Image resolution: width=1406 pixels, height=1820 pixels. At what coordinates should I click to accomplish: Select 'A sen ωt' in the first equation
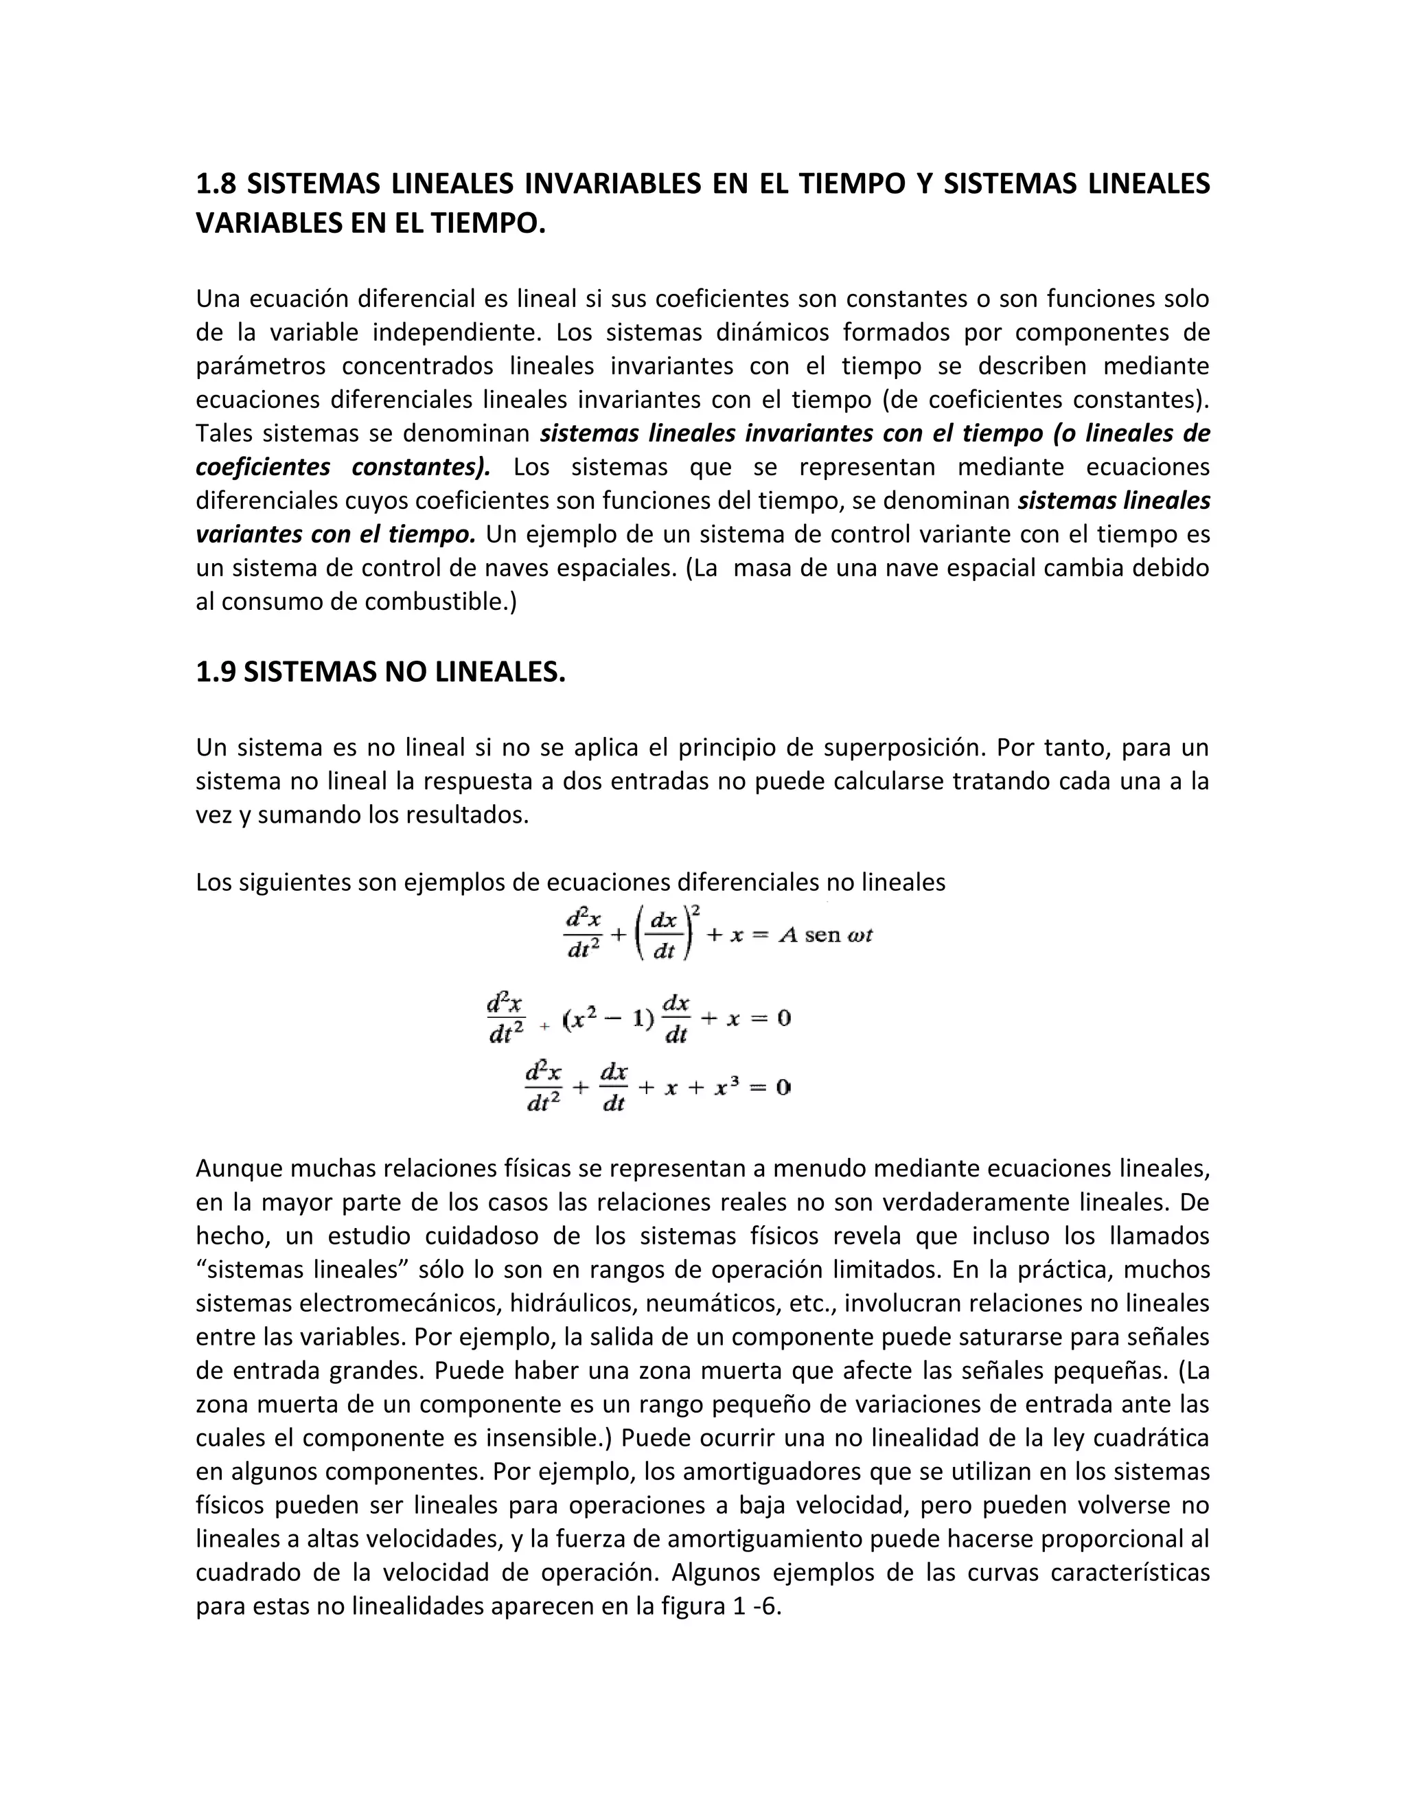(x=825, y=935)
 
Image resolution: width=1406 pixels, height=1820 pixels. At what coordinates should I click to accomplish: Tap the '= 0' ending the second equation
(x=770, y=1019)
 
